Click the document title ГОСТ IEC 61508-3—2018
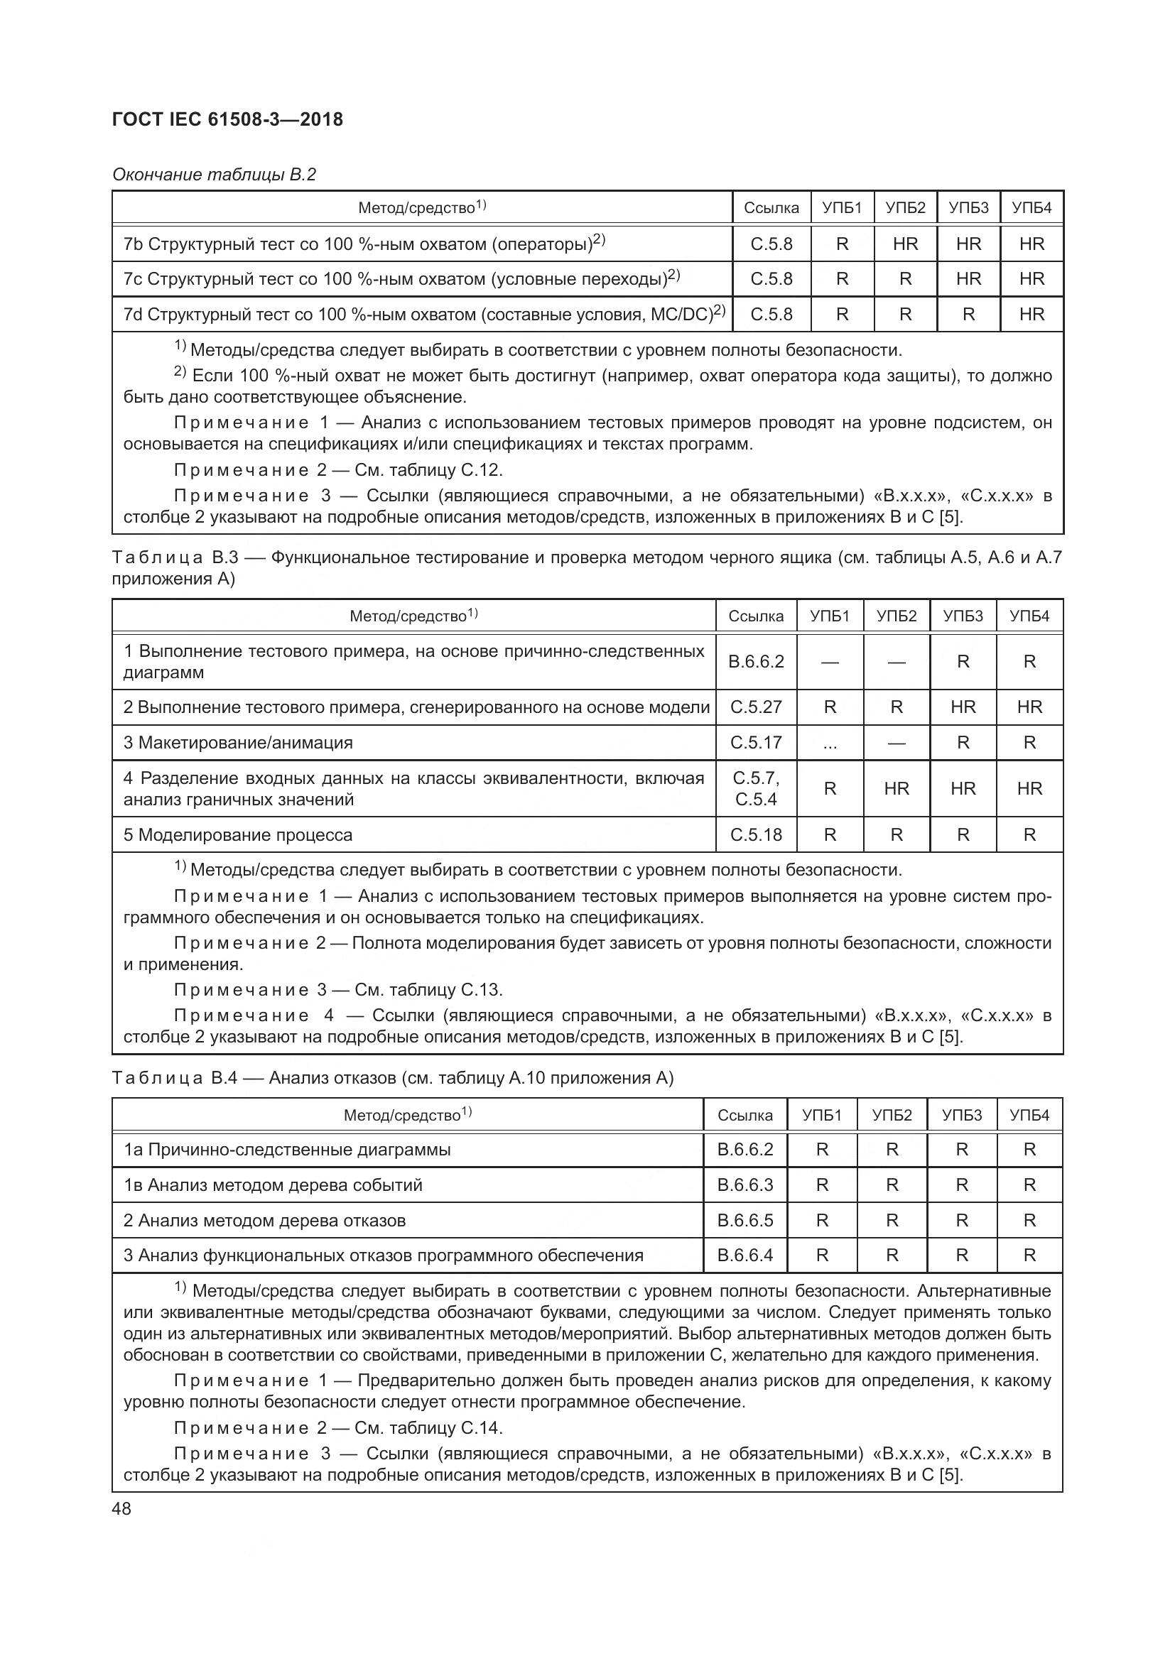pyautogui.click(x=227, y=119)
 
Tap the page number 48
pyautogui.click(x=121, y=1509)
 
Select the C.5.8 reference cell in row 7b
pyautogui.click(x=771, y=244)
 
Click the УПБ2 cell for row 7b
pyautogui.click(x=905, y=244)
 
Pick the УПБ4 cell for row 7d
pyautogui.click(x=1031, y=315)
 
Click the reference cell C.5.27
pyautogui.click(x=756, y=707)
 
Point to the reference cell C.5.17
pyautogui.click(x=756, y=743)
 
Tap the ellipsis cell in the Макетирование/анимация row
pyautogui.click(x=830, y=743)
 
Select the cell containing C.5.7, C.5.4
pyautogui.click(x=756, y=788)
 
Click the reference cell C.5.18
pyautogui.click(x=756, y=835)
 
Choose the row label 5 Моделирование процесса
pyautogui.click(x=238, y=835)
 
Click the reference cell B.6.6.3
pyautogui.click(x=745, y=1185)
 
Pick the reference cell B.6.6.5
pyautogui.click(x=745, y=1221)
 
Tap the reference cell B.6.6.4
pyautogui.click(x=745, y=1255)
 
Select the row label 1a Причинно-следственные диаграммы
pyautogui.click(x=287, y=1150)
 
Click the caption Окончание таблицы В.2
pyautogui.click(x=214, y=175)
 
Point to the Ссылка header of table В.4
pyautogui.click(x=745, y=1115)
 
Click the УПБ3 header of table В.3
pyautogui.click(x=963, y=616)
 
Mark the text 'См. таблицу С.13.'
pyautogui.click(x=428, y=990)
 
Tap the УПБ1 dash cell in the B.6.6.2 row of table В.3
pyautogui.click(x=830, y=662)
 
